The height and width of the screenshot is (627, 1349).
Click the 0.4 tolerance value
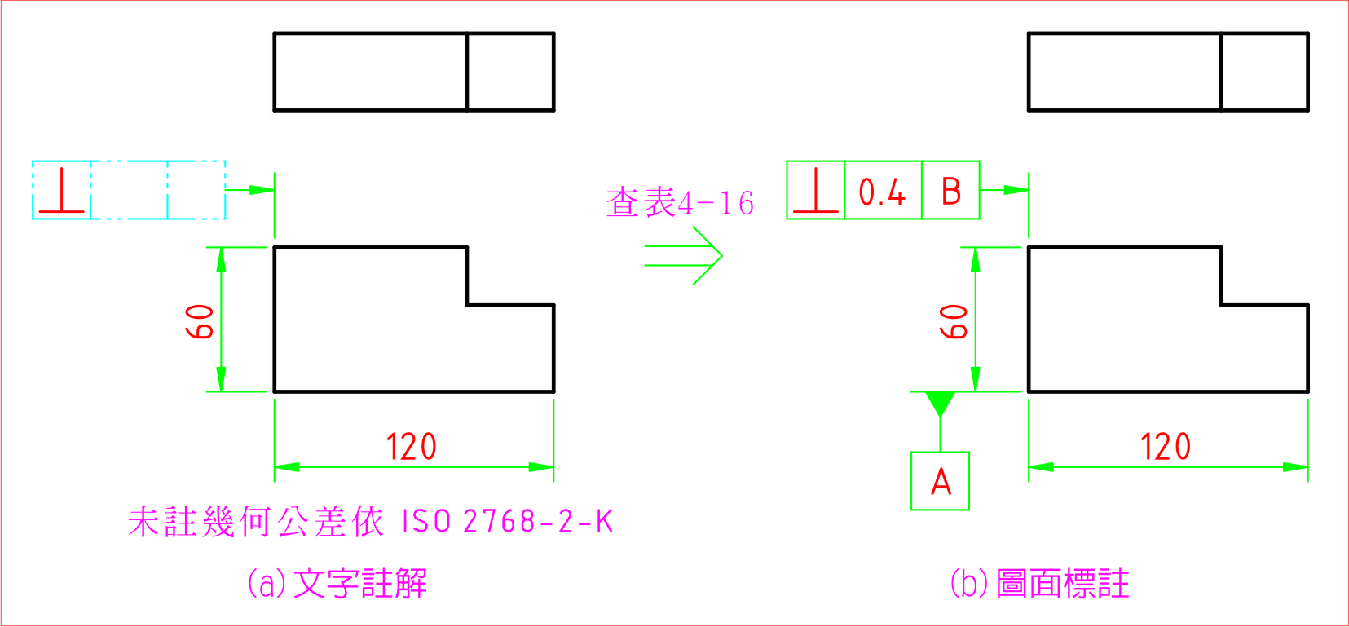pos(882,192)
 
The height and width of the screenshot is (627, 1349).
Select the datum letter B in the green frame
pos(950,192)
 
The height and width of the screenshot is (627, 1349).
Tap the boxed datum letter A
pos(941,481)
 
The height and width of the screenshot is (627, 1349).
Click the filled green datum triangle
pos(940,403)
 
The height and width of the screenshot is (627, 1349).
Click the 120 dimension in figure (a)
pos(411,447)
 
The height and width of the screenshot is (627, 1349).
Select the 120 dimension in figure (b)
pos(1165,447)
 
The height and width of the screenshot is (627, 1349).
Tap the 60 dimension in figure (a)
pos(201,321)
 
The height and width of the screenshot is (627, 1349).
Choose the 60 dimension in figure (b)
pos(954,321)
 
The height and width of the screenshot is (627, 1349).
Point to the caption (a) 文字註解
pos(337,583)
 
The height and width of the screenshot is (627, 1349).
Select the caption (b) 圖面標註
pos(1039,583)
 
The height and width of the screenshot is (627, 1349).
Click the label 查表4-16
pos(680,202)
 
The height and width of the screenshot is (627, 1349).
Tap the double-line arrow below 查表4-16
pos(684,256)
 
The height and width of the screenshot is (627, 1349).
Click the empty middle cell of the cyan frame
pos(129,191)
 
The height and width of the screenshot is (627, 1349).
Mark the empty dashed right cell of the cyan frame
pos(196,191)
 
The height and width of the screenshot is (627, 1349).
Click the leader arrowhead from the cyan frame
pos(262,190)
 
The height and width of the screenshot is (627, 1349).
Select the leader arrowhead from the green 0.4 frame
pos(1016,190)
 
